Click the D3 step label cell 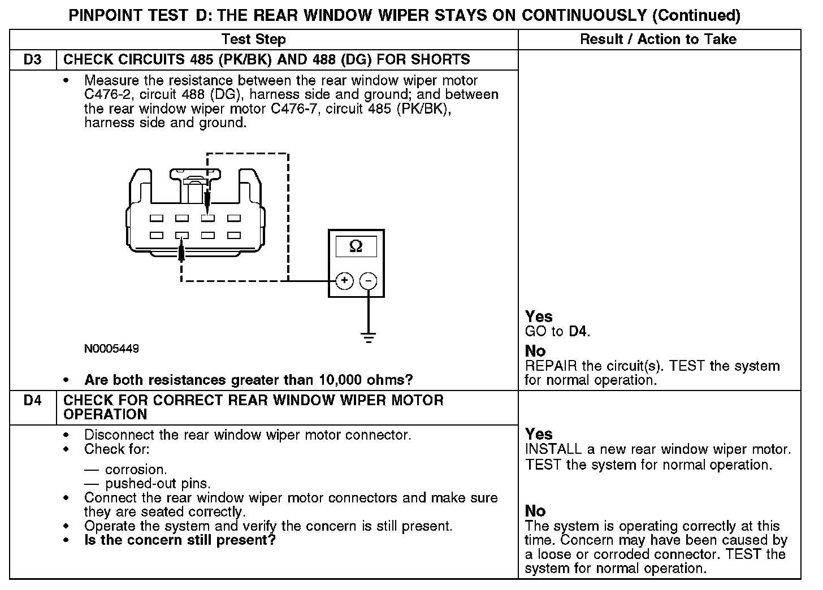coord(33,60)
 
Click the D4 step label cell coord(33,401)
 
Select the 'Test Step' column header coord(254,40)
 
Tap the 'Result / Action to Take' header coord(659,40)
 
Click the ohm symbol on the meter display coord(356,246)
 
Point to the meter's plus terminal coord(345,281)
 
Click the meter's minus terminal coord(369,281)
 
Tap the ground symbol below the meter coord(369,337)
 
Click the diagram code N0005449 coord(111,349)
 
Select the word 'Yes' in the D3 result coord(539,316)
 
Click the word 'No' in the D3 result coord(535,351)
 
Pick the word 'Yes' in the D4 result coord(539,434)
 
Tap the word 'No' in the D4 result coord(535,511)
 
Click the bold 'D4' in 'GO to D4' coord(578,332)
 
